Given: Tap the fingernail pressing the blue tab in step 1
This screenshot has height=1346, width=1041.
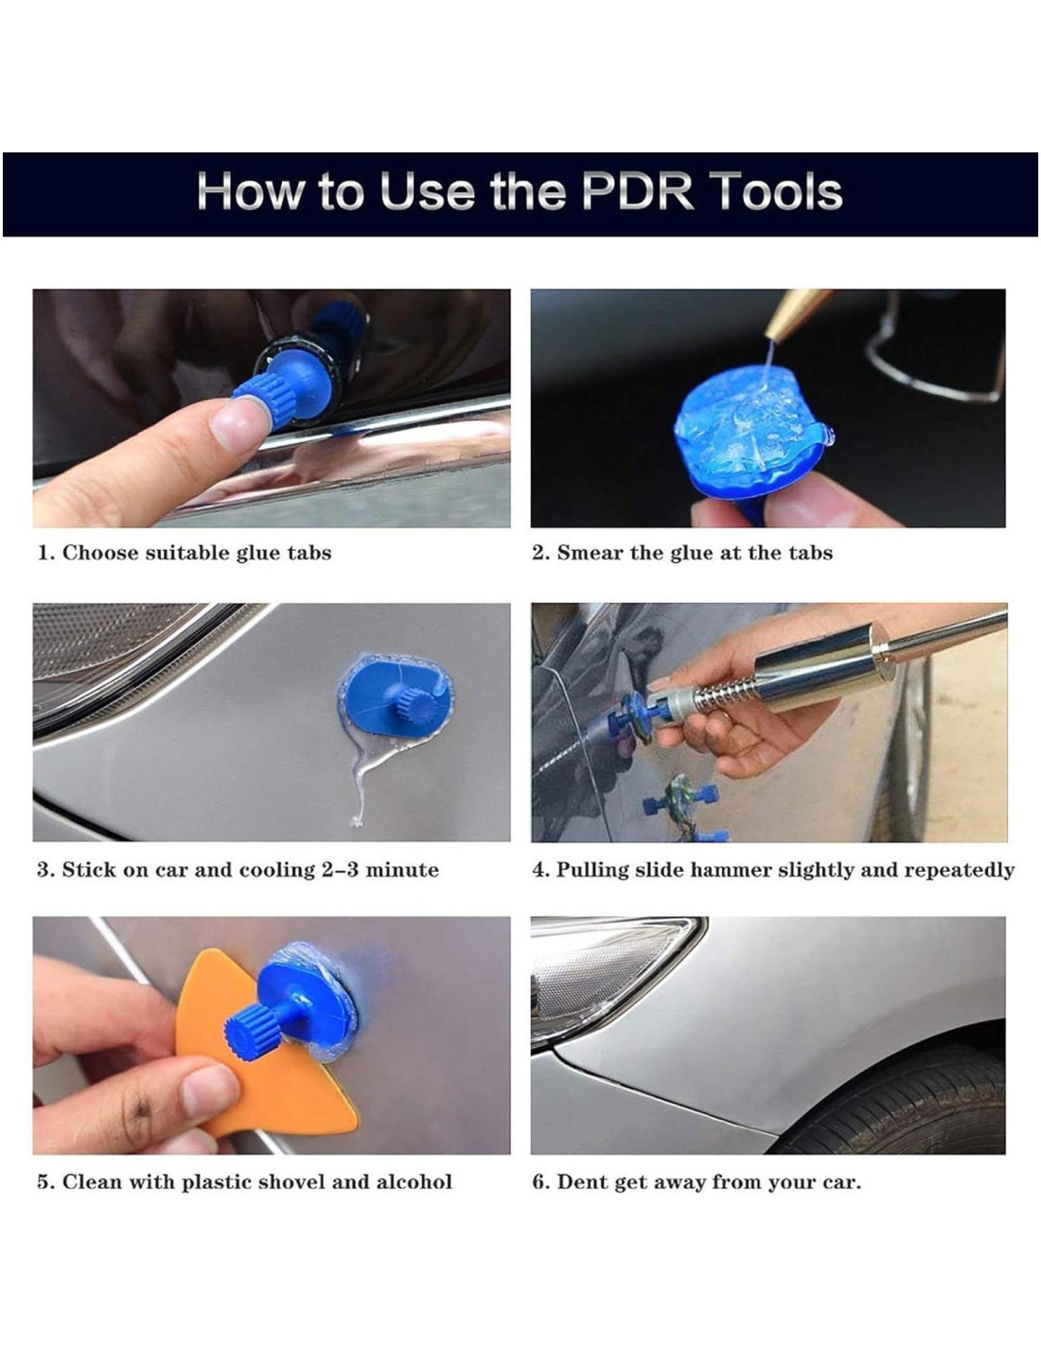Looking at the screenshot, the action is click(239, 425).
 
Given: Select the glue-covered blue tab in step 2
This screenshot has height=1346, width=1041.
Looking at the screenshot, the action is click(753, 434).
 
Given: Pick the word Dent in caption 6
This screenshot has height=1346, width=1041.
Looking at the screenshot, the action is click(579, 1182).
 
